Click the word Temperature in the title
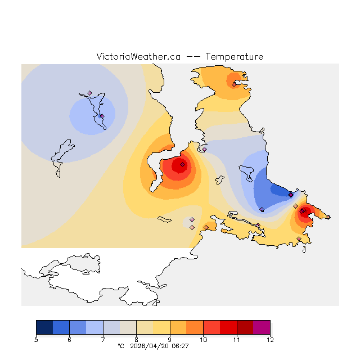click(x=234, y=57)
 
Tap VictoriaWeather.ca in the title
click(x=138, y=57)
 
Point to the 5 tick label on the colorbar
click(x=36, y=340)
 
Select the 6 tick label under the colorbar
click(x=70, y=340)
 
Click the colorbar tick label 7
click(x=103, y=340)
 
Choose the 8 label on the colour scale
click(x=137, y=340)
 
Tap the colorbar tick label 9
click(x=170, y=340)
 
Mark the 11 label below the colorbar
click(x=237, y=340)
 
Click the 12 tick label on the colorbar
click(x=270, y=340)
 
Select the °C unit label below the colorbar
click(x=120, y=346)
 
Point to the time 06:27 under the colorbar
click(x=181, y=346)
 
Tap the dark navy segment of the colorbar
click(x=44, y=327)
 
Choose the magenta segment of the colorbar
click(x=262, y=327)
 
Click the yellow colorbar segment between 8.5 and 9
click(x=161, y=327)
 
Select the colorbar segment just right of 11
click(x=245, y=327)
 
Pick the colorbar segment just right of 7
click(x=111, y=327)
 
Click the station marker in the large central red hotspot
click(x=182, y=165)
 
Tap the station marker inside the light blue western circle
click(x=102, y=116)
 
